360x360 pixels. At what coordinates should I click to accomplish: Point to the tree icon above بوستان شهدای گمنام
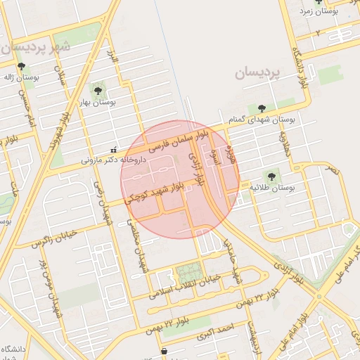coord(262,108)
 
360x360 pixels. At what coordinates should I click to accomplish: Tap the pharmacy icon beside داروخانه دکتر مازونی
coord(114,149)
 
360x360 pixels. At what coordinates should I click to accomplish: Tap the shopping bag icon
coord(164,350)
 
